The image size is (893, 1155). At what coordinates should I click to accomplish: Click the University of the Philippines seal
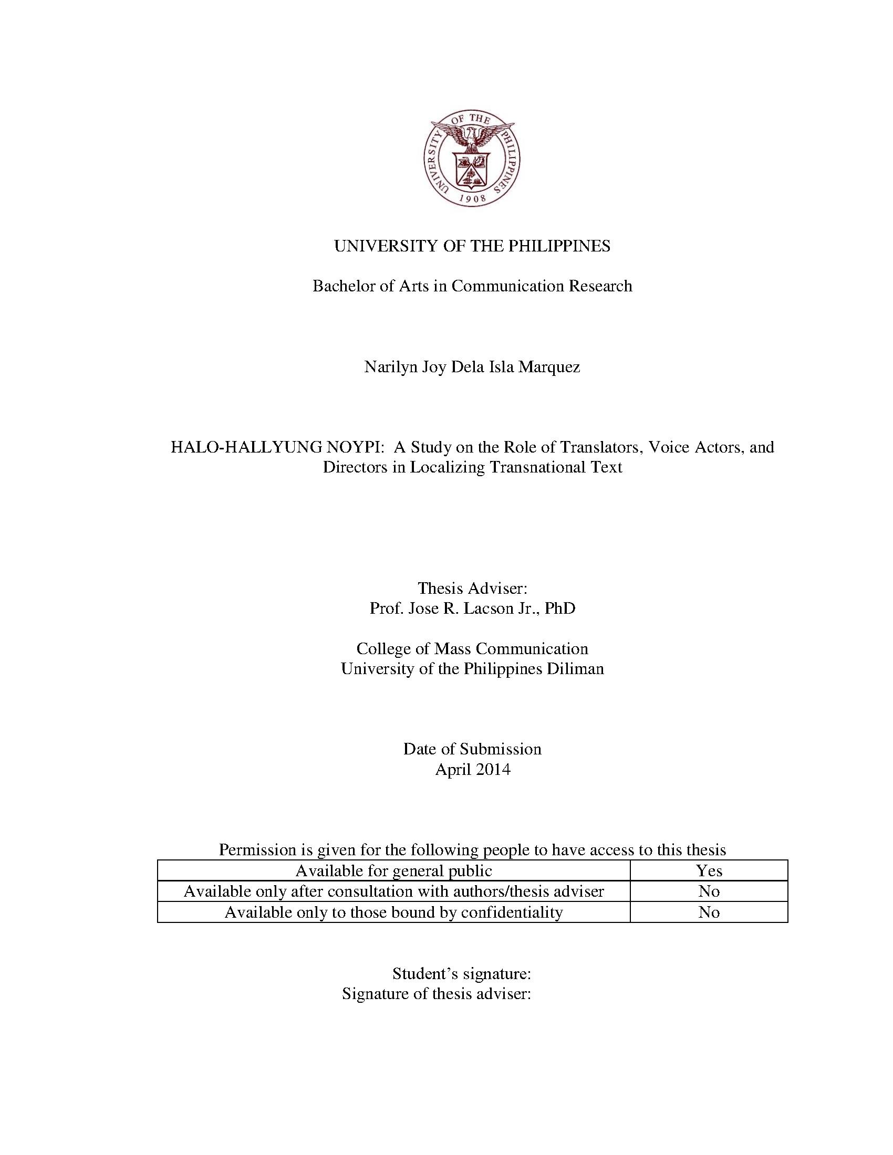(x=472, y=159)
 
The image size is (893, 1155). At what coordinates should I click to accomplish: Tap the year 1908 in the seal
(x=472, y=199)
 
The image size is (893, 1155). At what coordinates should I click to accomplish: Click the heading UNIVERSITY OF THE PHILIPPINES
(x=472, y=246)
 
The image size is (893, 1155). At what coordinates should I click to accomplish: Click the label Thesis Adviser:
(x=472, y=588)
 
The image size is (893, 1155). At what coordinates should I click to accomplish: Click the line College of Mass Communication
(x=472, y=648)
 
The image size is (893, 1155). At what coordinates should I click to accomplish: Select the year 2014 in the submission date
(x=493, y=769)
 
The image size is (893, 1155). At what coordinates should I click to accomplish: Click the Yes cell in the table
(x=709, y=870)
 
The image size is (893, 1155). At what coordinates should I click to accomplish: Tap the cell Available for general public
(x=393, y=870)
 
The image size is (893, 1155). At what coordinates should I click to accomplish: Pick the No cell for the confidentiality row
(x=709, y=912)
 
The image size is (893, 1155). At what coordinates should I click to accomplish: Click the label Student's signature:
(x=461, y=973)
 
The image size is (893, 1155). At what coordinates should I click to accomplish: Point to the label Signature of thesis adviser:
(x=436, y=994)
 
